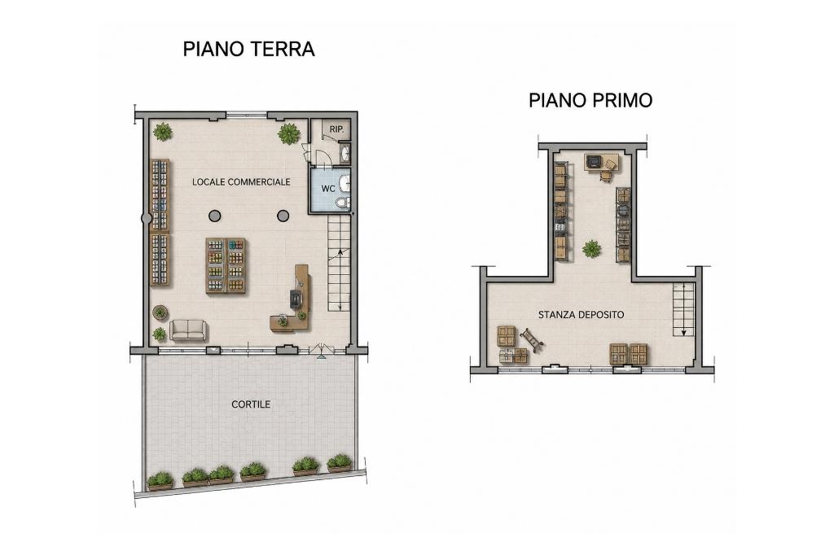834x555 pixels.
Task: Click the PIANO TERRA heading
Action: tap(249, 49)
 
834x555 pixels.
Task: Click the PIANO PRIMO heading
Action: tap(590, 100)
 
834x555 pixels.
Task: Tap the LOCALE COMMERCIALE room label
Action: tap(241, 181)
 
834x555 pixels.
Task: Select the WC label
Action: tap(328, 189)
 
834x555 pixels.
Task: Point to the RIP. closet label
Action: tap(336, 129)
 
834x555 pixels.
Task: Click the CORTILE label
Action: tap(251, 404)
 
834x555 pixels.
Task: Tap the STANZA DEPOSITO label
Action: tap(581, 315)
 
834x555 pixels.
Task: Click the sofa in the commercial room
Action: tap(188, 330)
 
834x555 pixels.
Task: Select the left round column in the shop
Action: tap(214, 216)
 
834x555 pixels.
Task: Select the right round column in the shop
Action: tap(283, 216)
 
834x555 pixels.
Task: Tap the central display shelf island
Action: tap(226, 265)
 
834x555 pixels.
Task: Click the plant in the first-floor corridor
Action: tap(591, 248)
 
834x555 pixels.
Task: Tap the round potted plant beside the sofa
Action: tap(160, 312)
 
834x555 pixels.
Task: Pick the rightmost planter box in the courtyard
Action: tap(340, 464)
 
